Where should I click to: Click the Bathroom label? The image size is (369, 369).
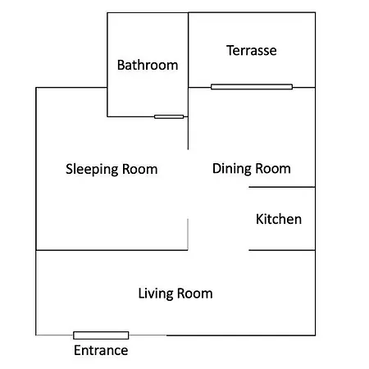[148, 65]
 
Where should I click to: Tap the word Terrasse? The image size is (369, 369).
[252, 50]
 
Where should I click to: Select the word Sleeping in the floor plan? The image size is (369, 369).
[92, 170]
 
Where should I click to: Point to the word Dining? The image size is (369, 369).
[232, 169]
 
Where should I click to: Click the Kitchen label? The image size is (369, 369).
[279, 219]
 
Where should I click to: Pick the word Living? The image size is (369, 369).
[156, 294]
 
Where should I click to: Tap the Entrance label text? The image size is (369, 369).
[101, 350]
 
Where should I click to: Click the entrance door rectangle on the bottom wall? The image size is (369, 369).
[101, 335]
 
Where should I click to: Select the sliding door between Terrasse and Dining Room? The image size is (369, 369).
[252, 87]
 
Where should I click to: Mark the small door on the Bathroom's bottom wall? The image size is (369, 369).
[169, 116]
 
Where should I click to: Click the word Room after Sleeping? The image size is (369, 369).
[140, 170]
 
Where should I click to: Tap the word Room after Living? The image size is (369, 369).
[195, 294]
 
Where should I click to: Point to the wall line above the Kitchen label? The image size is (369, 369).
[282, 187]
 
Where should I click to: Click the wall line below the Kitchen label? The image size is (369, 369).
[282, 250]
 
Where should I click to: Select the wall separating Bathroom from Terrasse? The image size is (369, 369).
[188, 50]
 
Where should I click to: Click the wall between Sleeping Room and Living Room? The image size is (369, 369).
[112, 250]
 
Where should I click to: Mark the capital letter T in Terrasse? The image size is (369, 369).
[230, 50]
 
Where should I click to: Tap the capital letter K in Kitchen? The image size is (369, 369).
[260, 219]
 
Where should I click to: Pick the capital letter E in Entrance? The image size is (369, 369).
[78, 350]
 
